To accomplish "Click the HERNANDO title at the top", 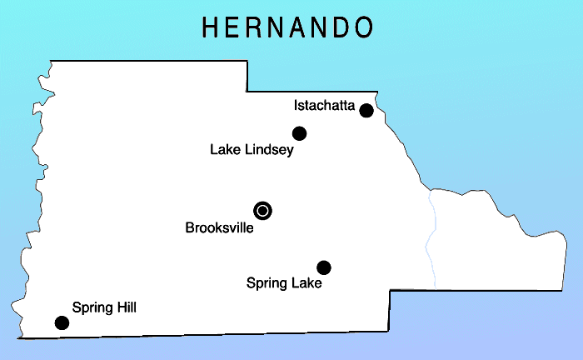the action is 287,27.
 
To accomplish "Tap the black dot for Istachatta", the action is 366,110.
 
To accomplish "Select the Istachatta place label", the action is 324,106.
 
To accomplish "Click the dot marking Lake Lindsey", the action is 300,133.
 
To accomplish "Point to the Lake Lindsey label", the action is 252,151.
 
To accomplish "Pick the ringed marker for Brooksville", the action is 263,211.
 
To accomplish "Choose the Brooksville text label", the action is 219,227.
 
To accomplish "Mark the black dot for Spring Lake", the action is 324,267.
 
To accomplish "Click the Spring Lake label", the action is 284,283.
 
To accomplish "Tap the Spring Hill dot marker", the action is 62,322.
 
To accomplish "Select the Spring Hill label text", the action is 104,307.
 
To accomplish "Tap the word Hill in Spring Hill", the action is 124,307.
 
